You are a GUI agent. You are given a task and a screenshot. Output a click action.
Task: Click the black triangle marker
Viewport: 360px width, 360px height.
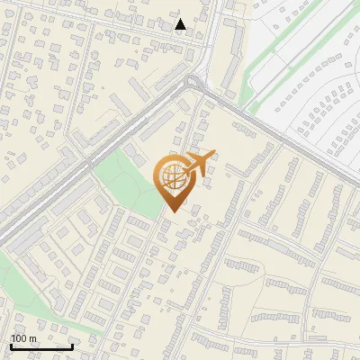(180, 24)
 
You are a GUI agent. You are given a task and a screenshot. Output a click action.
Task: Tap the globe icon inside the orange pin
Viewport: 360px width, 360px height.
(171, 176)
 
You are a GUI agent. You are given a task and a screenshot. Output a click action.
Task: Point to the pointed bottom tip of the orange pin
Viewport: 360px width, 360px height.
(171, 211)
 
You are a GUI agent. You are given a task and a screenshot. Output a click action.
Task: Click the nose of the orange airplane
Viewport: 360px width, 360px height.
(215, 154)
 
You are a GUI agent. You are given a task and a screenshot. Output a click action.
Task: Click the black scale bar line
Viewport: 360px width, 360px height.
(41, 346)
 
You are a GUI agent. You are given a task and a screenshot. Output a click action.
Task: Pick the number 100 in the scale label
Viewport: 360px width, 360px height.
(19, 338)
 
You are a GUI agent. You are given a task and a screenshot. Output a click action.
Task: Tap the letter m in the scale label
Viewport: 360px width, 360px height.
(32, 338)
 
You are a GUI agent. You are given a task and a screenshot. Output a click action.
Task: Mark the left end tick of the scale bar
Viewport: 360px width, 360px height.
(11, 345)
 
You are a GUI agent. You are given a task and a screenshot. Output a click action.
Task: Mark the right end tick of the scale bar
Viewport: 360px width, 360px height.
(72, 345)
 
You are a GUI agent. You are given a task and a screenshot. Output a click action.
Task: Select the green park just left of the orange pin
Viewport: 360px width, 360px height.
(126, 180)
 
